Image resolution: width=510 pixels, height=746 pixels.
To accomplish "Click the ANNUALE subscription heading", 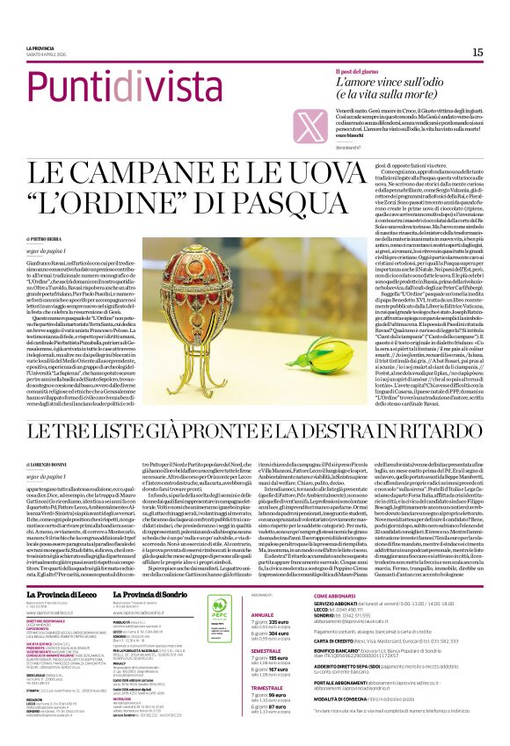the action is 264,590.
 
